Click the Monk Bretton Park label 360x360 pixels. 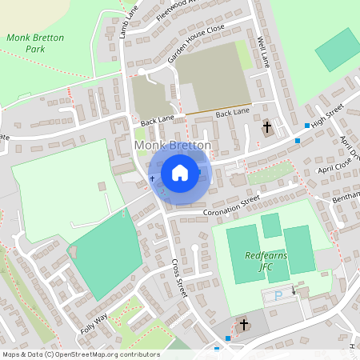(x=25, y=43)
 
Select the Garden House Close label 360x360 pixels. (x=196, y=45)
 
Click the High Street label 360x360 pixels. (x=327, y=115)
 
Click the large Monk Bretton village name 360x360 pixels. (x=173, y=146)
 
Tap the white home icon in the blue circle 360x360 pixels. (x=180, y=172)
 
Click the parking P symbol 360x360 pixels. (x=278, y=296)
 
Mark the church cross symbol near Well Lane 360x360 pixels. (x=267, y=127)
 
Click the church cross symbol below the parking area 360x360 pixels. (x=243, y=325)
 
